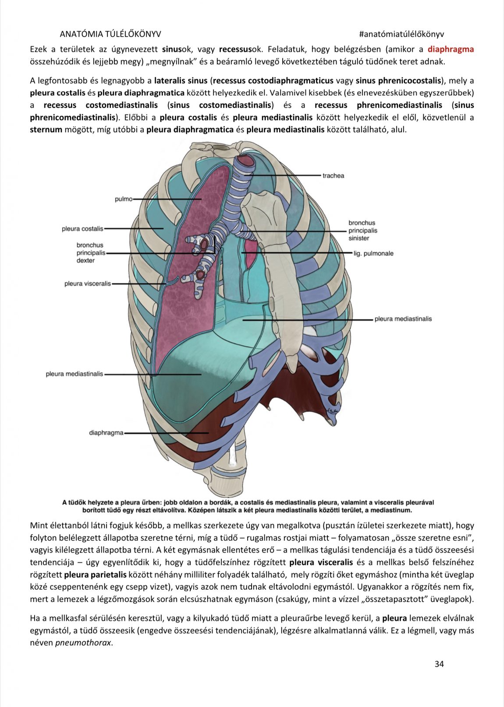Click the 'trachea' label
pyautogui.click(x=333, y=176)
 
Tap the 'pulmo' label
pyautogui.click(x=123, y=199)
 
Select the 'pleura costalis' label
pyautogui.click(x=82, y=229)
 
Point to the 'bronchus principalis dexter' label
pyautogui.click(x=91, y=253)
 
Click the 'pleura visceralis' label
pyautogui.click(x=88, y=284)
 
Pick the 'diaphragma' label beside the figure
pyautogui.click(x=106, y=433)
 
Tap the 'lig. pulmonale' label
pyautogui.click(x=373, y=253)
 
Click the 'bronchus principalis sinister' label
pyautogui.click(x=362, y=230)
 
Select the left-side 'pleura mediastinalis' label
pyautogui.click(x=75, y=374)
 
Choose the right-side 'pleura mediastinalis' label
pyautogui.click(x=403, y=319)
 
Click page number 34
pyautogui.click(x=439, y=664)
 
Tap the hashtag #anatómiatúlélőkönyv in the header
pyautogui.click(x=401, y=34)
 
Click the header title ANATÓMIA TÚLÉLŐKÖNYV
pyautogui.click(x=110, y=34)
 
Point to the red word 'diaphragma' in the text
pyautogui.click(x=451, y=49)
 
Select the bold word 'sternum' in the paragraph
pyautogui.click(x=46, y=130)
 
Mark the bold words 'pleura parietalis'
pyautogui.click(x=95, y=574)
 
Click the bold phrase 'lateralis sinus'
pyautogui.click(x=181, y=81)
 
